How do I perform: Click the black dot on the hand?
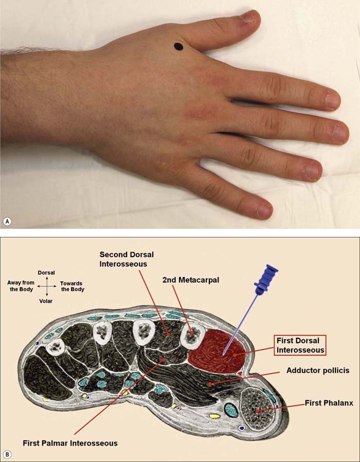[178, 47]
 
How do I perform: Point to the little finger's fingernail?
[264, 210]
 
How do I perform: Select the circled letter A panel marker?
[7, 221]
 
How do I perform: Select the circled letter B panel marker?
[7, 454]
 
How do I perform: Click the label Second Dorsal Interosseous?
[127, 260]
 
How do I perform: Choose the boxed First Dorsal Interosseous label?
[301, 345]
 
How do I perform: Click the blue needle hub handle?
[268, 280]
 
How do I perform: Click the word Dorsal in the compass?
[46, 272]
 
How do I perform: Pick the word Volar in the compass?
[46, 301]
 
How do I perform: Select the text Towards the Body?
[71, 286]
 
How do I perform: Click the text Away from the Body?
[21, 286]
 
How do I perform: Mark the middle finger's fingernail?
[340, 133]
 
